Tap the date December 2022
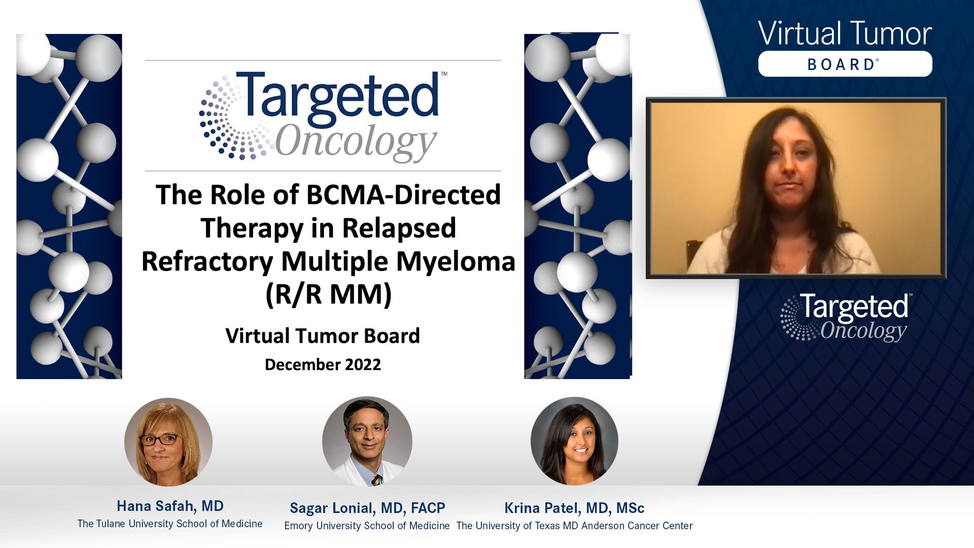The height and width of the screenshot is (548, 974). tap(323, 364)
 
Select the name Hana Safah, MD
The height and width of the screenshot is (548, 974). tap(170, 506)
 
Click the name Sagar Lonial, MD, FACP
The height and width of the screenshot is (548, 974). tap(367, 508)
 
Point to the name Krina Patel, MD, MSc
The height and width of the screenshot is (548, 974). tap(574, 508)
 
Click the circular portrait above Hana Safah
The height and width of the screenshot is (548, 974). tap(168, 442)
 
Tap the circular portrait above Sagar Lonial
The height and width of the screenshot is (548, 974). tap(367, 441)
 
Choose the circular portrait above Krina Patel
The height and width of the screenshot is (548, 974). tap(574, 441)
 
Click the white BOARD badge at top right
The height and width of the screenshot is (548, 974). tap(845, 64)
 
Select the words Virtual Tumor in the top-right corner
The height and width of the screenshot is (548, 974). tap(845, 33)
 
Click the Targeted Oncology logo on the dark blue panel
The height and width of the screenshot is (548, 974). tap(845, 317)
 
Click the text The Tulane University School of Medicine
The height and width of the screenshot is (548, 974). tap(170, 524)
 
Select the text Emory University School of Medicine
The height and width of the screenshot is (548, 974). tap(367, 526)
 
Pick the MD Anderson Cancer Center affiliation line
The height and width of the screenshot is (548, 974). tap(574, 526)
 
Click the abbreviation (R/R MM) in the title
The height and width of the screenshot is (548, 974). tap(329, 294)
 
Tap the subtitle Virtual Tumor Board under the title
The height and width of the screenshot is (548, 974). tap(323, 336)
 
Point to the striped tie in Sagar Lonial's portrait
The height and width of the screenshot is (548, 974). tap(376, 479)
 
